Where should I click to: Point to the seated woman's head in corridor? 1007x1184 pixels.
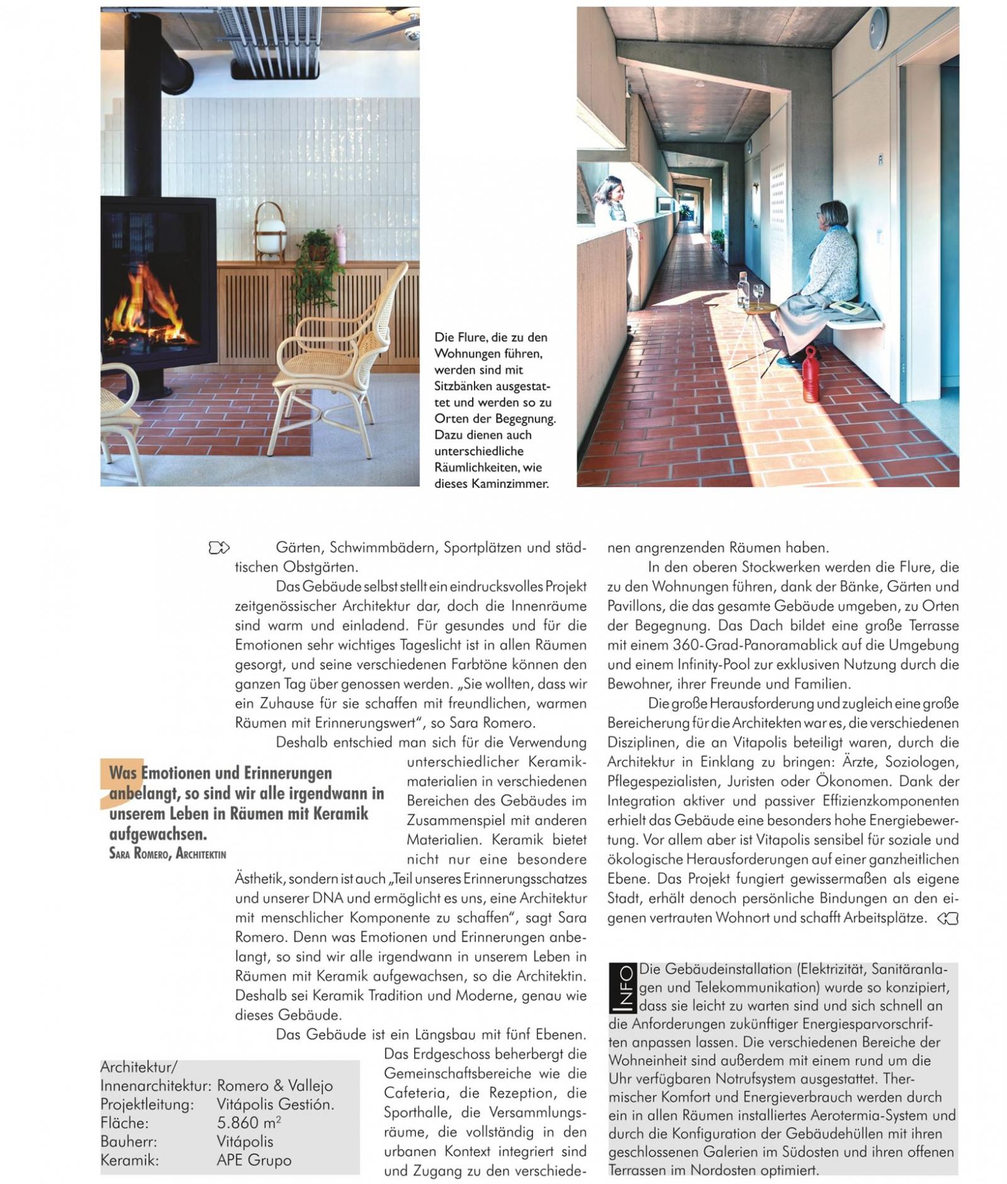coord(833,216)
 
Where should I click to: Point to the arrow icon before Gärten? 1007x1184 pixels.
coord(219,548)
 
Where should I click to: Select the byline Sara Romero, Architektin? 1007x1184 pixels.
coord(167,854)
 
